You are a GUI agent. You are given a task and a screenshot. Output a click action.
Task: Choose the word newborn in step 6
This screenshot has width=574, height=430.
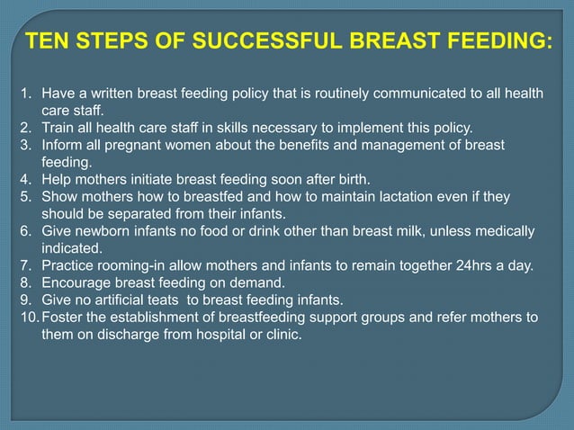[x=101, y=231]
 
